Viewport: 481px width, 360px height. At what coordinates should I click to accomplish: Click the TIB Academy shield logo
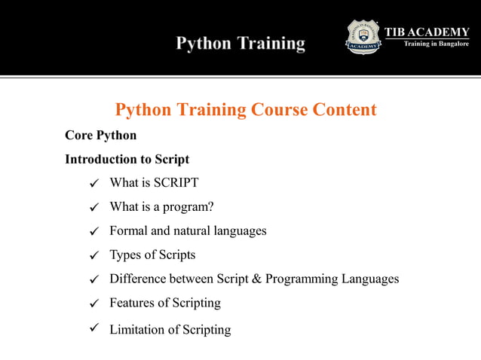(x=363, y=37)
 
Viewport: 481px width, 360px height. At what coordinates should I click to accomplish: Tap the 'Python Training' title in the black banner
(x=240, y=44)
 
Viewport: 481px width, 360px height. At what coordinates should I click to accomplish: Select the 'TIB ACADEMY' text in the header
(x=427, y=32)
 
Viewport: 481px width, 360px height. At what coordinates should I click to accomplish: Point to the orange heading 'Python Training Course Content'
(x=246, y=110)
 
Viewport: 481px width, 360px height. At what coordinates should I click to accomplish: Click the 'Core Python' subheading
(x=101, y=136)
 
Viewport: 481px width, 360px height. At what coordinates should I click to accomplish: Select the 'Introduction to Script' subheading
(x=127, y=160)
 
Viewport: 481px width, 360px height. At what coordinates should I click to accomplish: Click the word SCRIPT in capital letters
(x=176, y=183)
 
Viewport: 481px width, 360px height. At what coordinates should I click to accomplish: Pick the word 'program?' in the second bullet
(x=179, y=207)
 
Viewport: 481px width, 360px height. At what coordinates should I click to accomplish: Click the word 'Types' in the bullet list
(x=126, y=255)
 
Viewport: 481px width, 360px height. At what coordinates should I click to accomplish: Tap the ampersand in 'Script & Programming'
(x=256, y=279)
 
